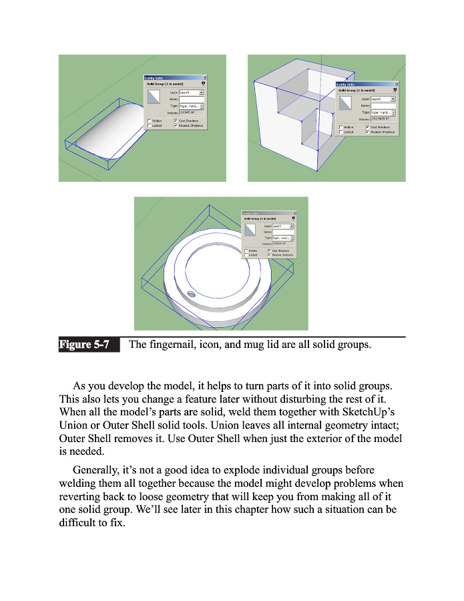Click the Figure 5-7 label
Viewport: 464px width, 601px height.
tap(84, 345)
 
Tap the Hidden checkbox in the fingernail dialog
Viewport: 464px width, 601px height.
tap(149, 120)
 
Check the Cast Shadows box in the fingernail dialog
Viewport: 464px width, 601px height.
tap(176, 120)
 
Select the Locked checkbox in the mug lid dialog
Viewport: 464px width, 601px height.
tap(245, 254)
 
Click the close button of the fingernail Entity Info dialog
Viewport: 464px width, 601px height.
tap(204, 77)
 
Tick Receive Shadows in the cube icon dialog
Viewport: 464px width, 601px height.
tap(368, 132)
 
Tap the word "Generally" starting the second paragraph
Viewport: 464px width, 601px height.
tap(99, 469)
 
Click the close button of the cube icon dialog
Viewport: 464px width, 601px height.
tap(396, 84)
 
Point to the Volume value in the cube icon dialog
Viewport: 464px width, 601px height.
tap(383, 120)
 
